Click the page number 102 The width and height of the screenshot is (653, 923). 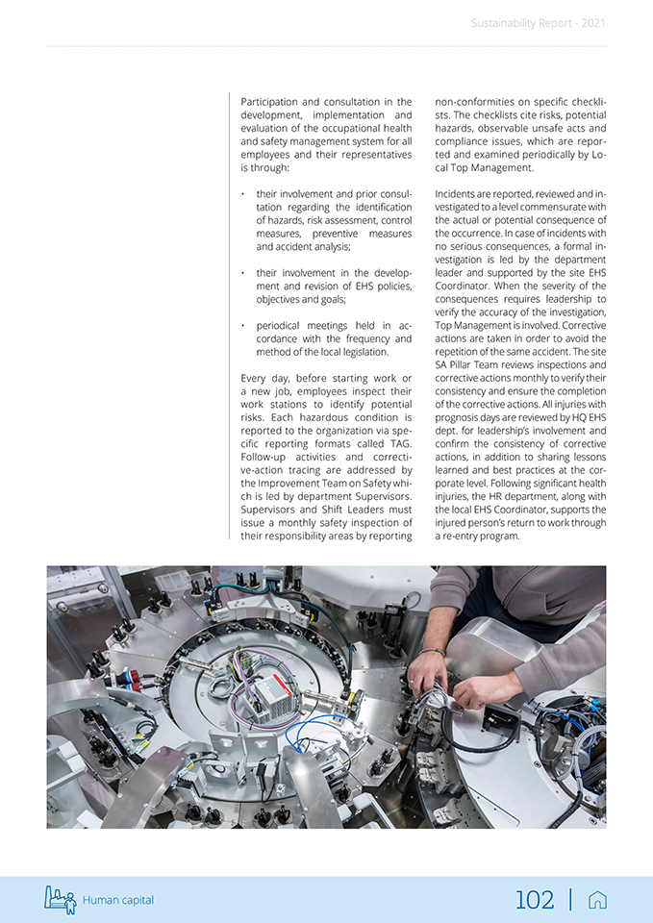coord(535,900)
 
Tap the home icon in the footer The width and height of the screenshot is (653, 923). coord(597,900)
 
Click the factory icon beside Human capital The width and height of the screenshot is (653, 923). coord(60,899)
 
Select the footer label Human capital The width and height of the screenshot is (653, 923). coord(117,900)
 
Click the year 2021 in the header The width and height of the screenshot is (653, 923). coord(593,23)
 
